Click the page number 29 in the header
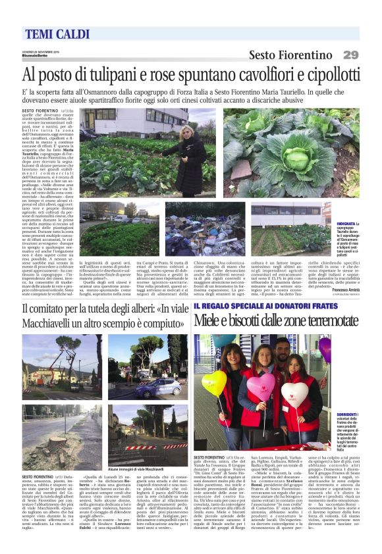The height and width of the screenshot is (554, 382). (352, 55)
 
